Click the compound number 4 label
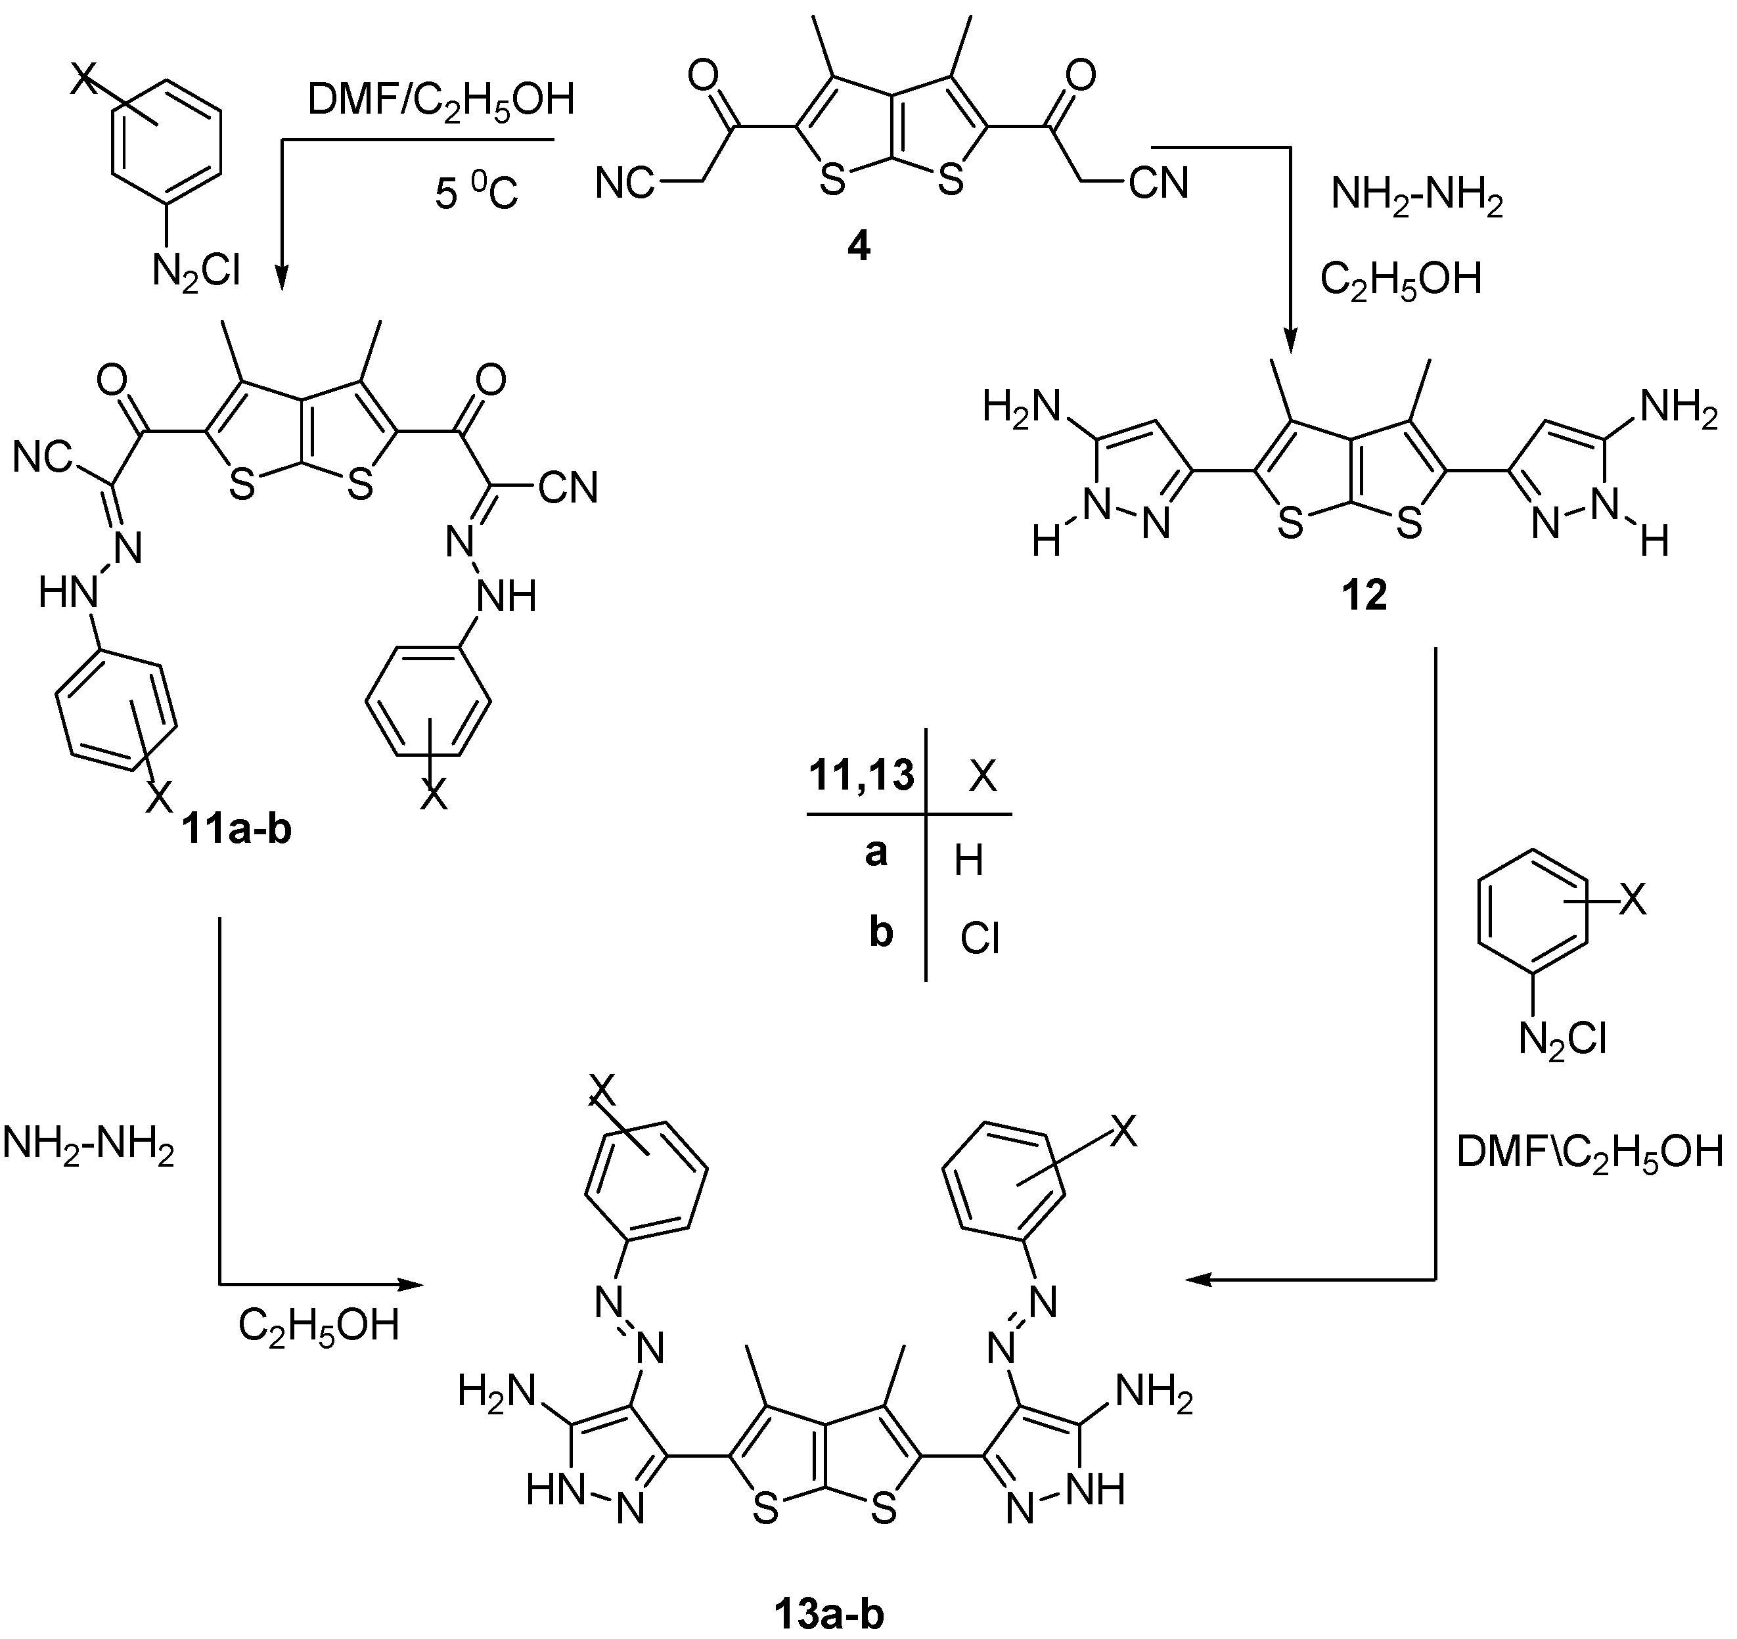pos(858,249)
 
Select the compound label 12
pos(1364,596)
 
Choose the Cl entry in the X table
pos(980,940)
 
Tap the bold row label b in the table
pos(881,933)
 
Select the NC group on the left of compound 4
pos(625,183)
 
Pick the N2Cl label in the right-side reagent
pos(1562,1040)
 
